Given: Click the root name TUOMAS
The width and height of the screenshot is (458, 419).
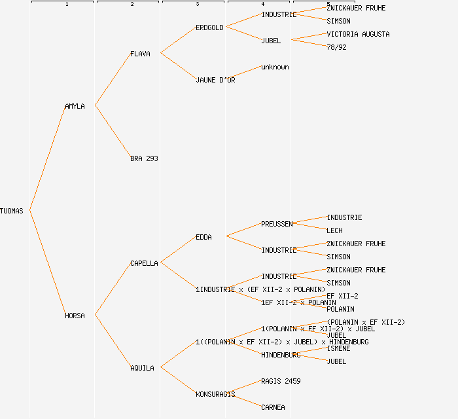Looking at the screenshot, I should tap(12, 211).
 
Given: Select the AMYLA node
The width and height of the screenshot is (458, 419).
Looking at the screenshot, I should tap(75, 106).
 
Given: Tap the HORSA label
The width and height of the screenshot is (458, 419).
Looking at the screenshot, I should tap(75, 316).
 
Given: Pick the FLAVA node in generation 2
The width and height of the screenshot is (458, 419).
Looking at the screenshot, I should tap(140, 54).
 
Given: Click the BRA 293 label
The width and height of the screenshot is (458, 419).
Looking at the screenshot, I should tap(144, 158).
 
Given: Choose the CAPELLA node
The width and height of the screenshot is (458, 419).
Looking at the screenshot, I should tap(144, 263).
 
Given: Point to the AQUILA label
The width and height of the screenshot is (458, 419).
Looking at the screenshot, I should tap(142, 368).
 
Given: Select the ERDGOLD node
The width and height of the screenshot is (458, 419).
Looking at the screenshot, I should tap(209, 27).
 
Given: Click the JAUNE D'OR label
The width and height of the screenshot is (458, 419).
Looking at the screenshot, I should tap(215, 80).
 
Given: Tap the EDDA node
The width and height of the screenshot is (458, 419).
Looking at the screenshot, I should tap(203, 237).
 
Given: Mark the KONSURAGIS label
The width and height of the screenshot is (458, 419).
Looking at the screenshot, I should tap(215, 394).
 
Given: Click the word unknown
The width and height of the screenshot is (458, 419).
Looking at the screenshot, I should tap(275, 67).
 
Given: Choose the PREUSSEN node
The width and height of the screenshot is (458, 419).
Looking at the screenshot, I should tap(277, 224).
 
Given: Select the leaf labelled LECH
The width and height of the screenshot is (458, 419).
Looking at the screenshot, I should tap(334, 230).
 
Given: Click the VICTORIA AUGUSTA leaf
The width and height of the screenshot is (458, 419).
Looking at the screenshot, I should tap(358, 34).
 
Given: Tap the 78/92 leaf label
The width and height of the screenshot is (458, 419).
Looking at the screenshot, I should tap(336, 47).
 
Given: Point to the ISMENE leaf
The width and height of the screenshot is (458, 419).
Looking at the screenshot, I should tap(338, 348).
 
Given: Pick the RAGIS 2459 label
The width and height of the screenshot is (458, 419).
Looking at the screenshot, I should tap(281, 381).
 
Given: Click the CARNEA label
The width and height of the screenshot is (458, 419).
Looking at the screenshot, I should tap(273, 407).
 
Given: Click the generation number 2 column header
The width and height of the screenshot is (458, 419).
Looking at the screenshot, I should tap(132, 5).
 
